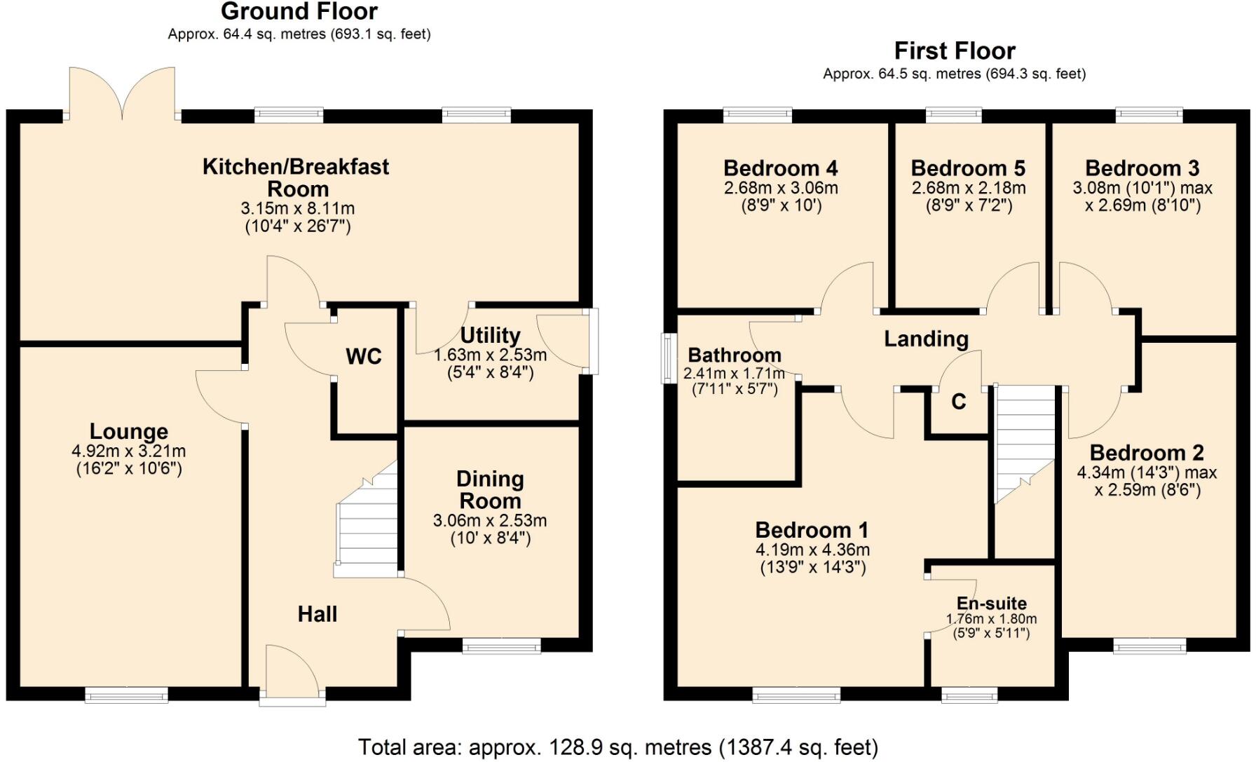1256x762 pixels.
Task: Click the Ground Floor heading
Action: pos(299,12)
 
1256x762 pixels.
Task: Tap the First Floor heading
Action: pos(954,51)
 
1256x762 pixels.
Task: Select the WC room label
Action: pos(363,356)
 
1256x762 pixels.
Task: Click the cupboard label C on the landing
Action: pos(958,402)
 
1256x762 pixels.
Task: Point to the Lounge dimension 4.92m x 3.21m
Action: pos(129,451)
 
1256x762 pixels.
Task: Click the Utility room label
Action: pos(490,335)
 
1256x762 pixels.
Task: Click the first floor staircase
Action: pos(1025,442)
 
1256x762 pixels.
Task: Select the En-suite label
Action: pos(991,604)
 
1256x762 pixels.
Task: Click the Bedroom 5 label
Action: pos(967,168)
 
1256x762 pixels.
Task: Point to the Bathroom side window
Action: pos(668,358)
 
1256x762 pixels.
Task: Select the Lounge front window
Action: pos(126,695)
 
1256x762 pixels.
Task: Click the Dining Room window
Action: pos(501,646)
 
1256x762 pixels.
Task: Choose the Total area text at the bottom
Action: pos(617,747)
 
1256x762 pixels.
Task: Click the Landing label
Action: pos(925,339)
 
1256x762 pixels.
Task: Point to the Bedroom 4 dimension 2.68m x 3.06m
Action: pos(780,188)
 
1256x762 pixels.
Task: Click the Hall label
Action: pos(317,614)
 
